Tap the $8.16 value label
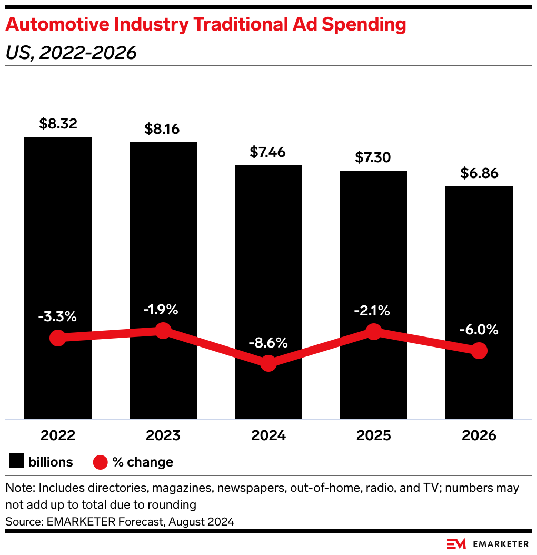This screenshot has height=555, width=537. [x=163, y=130]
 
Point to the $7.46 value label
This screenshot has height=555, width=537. [x=268, y=153]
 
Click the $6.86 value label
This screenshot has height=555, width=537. [x=479, y=174]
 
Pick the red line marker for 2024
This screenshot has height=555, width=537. [x=268, y=363]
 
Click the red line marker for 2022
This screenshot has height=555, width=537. [x=58, y=338]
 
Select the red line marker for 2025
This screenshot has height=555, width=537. [x=373, y=332]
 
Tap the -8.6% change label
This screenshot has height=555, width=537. [x=268, y=343]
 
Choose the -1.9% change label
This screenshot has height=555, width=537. [x=163, y=310]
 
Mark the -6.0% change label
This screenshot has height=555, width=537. [x=479, y=330]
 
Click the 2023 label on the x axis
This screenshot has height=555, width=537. [x=163, y=435]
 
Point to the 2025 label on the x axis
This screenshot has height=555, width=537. [x=373, y=435]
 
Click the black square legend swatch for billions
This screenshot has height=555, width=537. [x=17, y=462]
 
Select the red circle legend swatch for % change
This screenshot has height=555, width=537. [x=101, y=462]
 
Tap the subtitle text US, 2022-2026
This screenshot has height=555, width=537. [x=71, y=53]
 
